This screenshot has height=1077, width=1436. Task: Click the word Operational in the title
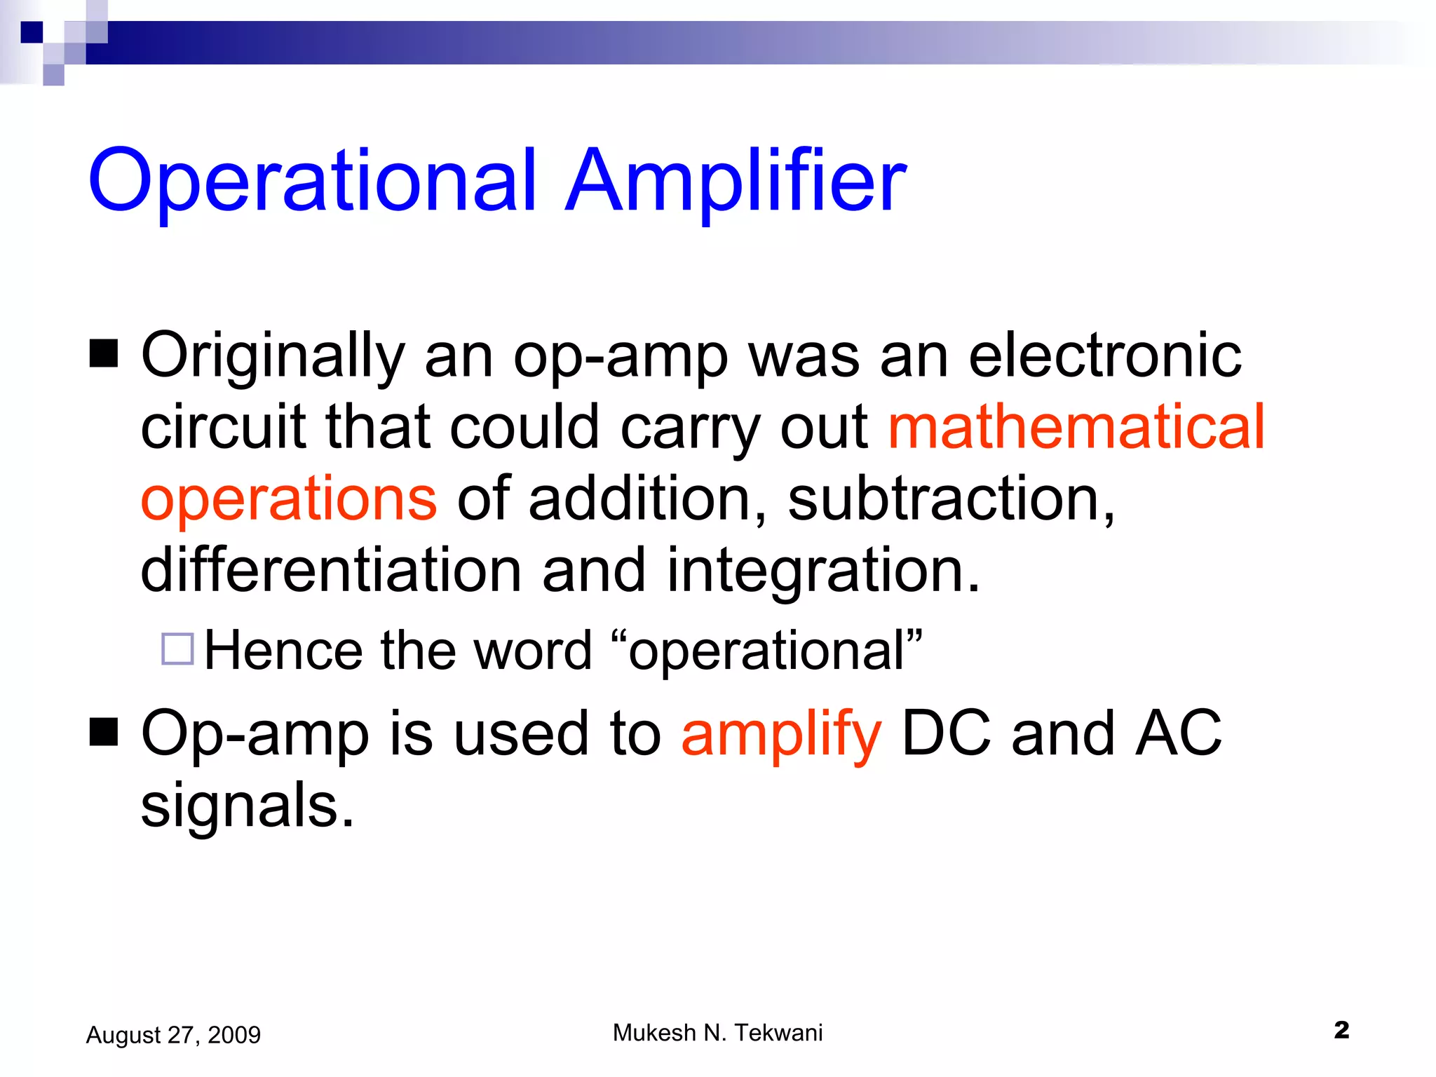tap(312, 181)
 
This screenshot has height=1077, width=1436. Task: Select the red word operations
tap(289, 499)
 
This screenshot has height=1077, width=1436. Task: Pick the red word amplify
tap(780, 734)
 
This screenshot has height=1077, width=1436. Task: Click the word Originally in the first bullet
tap(273, 356)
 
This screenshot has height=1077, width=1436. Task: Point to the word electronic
tap(1104, 356)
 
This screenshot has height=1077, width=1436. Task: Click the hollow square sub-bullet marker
tap(177, 649)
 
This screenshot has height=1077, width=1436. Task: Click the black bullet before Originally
tap(104, 353)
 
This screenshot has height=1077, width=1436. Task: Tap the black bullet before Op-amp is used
tap(104, 733)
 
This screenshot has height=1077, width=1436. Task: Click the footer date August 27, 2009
tap(173, 1035)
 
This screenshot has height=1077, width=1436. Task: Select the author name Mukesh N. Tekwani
tap(717, 1033)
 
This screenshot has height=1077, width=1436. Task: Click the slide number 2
tap(1341, 1030)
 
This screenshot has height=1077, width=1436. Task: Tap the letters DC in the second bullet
tap(946, 733)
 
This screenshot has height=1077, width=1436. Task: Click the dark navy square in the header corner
tap(32, 32)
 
